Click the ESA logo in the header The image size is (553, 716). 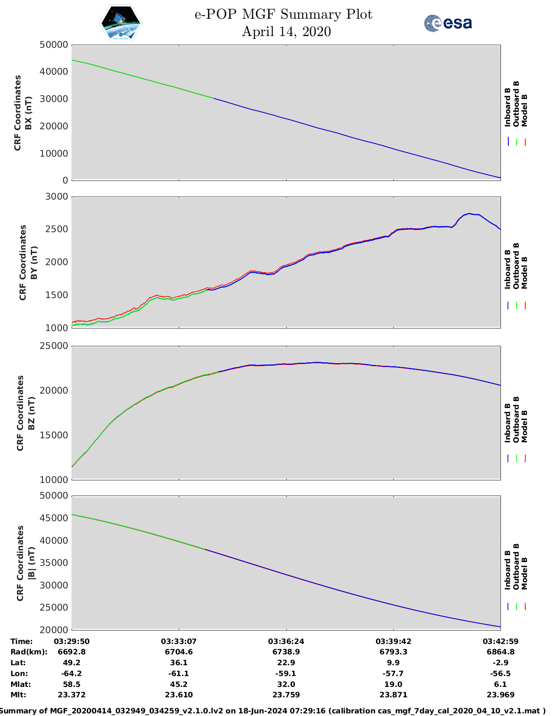448,23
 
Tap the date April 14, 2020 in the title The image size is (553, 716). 286,32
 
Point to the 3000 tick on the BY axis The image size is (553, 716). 57,197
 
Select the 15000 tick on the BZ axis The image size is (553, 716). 54,435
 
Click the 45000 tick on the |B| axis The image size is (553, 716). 54,518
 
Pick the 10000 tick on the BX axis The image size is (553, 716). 54,154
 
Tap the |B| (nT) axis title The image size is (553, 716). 31,563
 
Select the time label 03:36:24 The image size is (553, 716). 286,641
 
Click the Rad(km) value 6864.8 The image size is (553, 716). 501,652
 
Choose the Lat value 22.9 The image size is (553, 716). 286,663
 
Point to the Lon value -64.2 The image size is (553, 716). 72,673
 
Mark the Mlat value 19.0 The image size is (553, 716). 393,684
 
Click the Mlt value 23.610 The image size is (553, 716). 179,695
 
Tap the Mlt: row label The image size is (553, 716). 18,695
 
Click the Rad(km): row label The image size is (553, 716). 29,652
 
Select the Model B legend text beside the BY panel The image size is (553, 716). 524,273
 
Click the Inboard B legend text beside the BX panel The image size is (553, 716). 507,107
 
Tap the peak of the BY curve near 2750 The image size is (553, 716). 469,213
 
